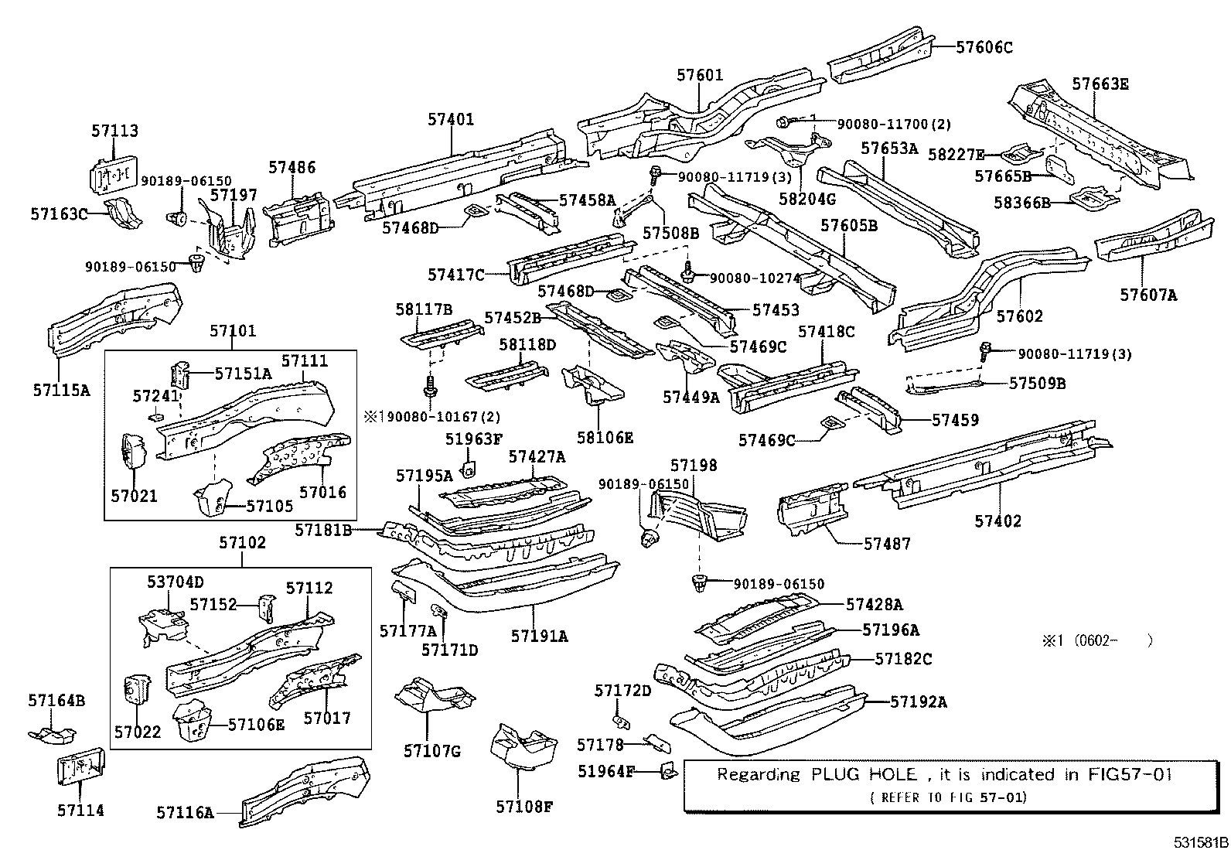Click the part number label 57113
tap(114, 131)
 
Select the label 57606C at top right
tap(984, 47)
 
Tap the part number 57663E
tap(1100, 84)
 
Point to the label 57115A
tap(62, 391)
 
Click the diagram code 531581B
tap(1201, 842)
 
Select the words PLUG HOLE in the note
tap(864, 775)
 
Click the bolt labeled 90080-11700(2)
tap(783, 122)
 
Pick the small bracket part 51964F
tap(668, 772)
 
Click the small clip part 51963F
tap(469, 469)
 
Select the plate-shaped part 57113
tap(113, 174)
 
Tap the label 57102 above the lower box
tap(242, 543)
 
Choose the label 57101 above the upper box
tap(233, 331)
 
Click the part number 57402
tap(998, 521)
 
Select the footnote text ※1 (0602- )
tap(1097, 640)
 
